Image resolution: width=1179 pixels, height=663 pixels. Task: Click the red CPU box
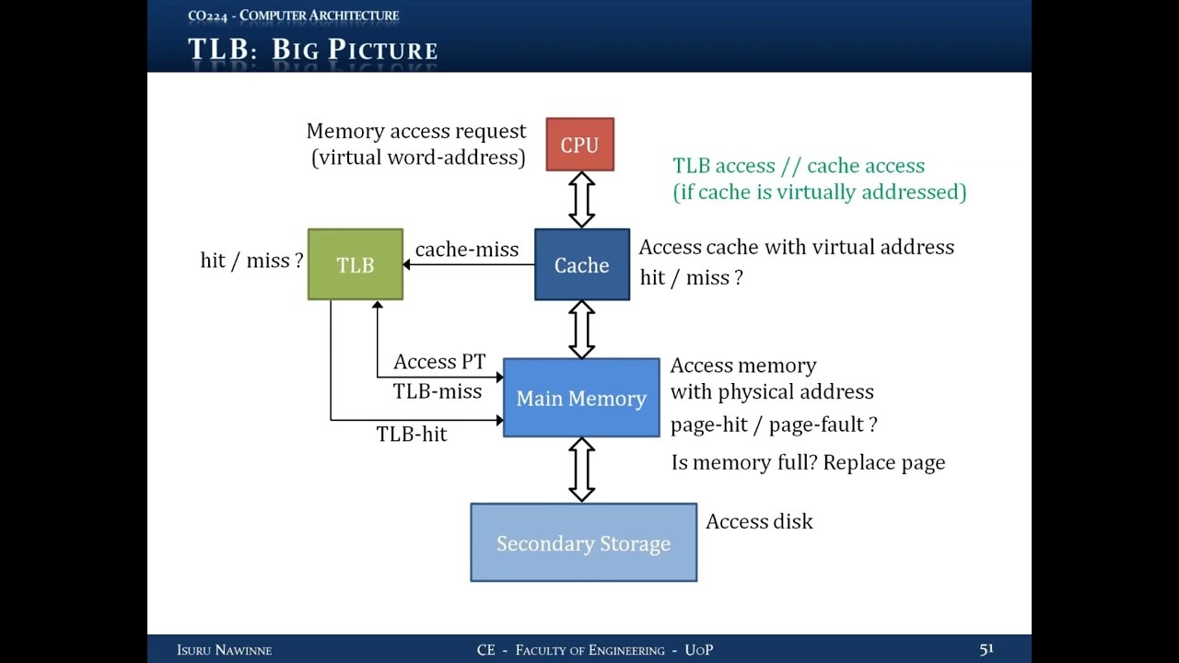click(x=579, y=145)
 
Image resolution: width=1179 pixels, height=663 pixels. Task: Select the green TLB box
click(x=356, y=264)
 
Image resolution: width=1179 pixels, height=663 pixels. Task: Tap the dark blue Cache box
click(x=582, y=265)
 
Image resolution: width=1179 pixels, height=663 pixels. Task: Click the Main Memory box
click(x=581, y=398)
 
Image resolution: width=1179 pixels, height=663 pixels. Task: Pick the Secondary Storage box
click(x=583, y=542)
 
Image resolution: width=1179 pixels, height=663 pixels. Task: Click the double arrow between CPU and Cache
click(x=581, y=200)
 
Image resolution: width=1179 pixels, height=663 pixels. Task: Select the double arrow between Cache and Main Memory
click(x=581, y=329)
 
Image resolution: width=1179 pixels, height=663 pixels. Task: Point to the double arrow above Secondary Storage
click(x=581, y=470)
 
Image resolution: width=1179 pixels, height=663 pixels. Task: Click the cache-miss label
click(x=467, y=250)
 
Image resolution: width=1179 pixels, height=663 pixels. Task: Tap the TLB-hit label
click(x=412, y=435)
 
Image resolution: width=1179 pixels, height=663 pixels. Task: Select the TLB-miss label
click(x=438, y=391)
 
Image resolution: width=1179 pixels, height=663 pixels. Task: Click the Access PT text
click(x=439, y=362)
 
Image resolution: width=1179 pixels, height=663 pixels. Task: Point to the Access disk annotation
click(x=759, y=521)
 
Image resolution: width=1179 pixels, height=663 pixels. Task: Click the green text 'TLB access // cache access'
click(x=799, y=166)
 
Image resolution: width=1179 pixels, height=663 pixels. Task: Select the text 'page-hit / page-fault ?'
click(x=774, y=425)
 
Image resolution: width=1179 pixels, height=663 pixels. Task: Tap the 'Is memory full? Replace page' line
click(x=808, y=462)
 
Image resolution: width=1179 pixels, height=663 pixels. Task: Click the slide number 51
click(x=986, y=649)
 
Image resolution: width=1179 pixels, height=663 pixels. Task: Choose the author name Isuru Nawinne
click(x=224, y=650)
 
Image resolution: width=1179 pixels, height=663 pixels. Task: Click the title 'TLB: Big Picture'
click(x=312, y=49)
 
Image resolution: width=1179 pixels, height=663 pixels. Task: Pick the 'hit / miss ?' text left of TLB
click(x=251, y=261)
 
